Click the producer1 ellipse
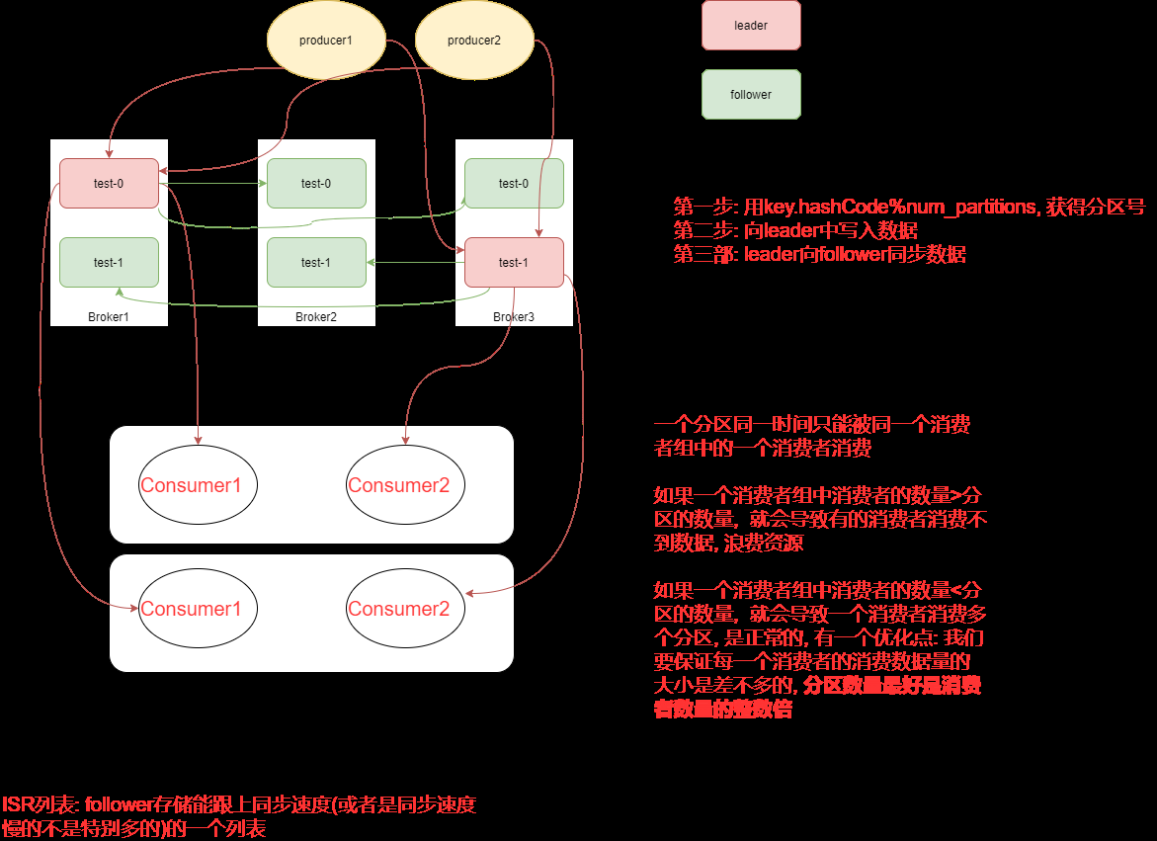(326, 41)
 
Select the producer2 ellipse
(474, 41)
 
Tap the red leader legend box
(751, 26)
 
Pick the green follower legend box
(751, 95)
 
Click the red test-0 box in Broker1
(109, 183)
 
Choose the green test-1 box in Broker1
(109, 262)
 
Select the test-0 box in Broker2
(316, 183)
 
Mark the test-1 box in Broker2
(316, 262)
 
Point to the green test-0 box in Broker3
(514, 183)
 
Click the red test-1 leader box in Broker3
(514, 262)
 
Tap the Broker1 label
(109, 317)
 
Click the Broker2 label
(316, 317)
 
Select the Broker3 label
(514, 317)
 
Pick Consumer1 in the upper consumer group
(198, 485)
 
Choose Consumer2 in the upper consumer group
(405, 485)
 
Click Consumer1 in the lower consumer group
(198, 609)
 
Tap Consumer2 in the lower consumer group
(405, 609)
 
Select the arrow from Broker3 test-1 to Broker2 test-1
(415, 262)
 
